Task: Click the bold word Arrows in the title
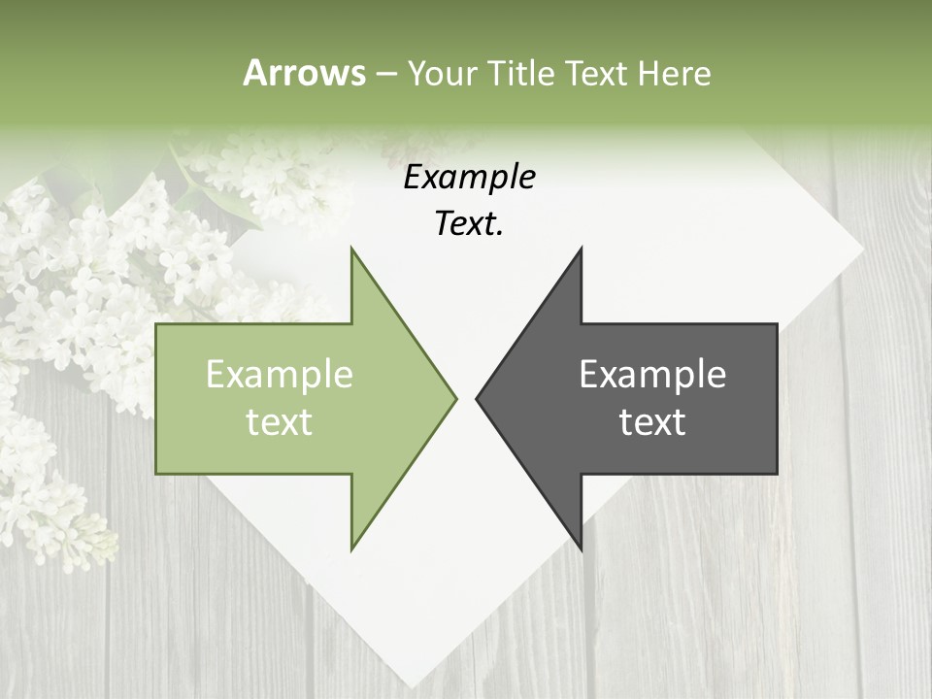click(x=304, y=73)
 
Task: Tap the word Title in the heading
click(x=521, y=73)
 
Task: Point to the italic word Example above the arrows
click(x=469, y=178)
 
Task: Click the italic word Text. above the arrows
click(x=469, y=224)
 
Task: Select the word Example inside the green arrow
click(x=280, y=375)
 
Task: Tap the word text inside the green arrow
click(x=280, y=422)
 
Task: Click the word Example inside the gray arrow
click(x=652, y=375)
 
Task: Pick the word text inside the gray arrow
click(x=652, y=422)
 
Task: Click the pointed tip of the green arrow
click(x=455, y=398)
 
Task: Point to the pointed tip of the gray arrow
click(x=477, y=398)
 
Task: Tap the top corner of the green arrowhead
click(x=351, y=249)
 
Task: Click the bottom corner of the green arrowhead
click(x=351, y=549)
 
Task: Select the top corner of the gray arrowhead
click(x=581, y=249)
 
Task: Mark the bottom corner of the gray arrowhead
click(x=581, y=549)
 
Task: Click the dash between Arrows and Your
click(x=385, y=75)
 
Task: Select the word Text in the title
click(x=596, y=73)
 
